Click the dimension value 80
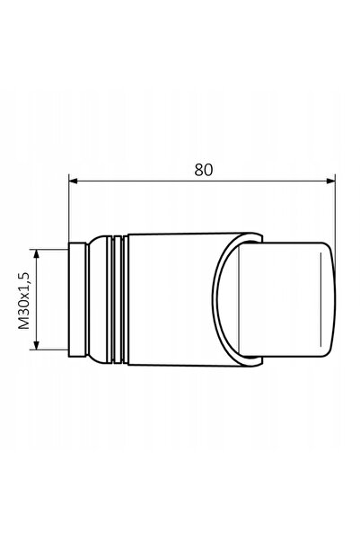point(204,170)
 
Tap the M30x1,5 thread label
point(24,300)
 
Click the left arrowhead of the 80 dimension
point(73,181)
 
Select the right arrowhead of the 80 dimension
point(330,181)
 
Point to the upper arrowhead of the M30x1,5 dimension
point(37,253)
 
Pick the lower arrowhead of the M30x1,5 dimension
point(37,345)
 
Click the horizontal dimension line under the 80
point(202,181)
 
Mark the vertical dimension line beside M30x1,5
point(37,299)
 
